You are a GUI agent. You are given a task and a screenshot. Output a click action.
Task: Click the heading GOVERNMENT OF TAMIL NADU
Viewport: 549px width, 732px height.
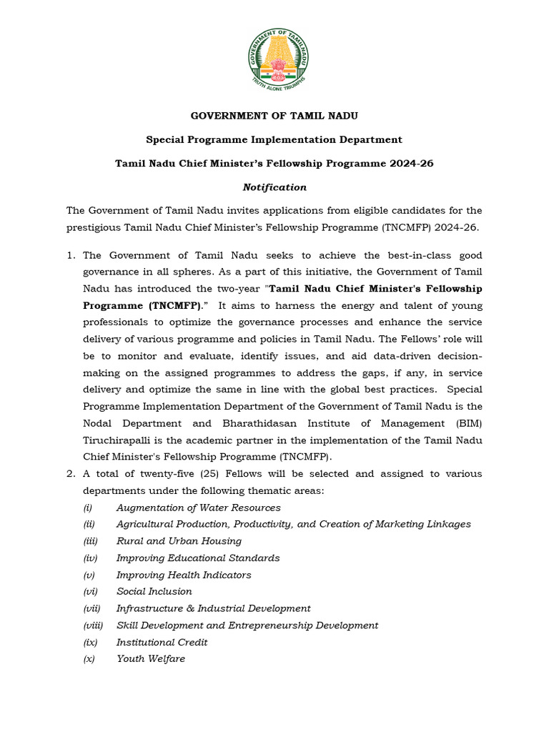(274, 116)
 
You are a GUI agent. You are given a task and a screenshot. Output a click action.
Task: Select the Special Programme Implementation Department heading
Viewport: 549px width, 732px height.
(274, 139)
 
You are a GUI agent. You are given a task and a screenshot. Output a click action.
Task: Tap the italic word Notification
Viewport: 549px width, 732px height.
(274, 187)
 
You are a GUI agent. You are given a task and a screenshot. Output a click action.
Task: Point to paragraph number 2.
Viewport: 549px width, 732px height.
(70, 474)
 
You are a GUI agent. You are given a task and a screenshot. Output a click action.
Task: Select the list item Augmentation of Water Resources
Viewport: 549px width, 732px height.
(198, 508)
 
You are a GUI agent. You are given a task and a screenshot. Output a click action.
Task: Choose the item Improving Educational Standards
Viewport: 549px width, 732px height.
(198, 558)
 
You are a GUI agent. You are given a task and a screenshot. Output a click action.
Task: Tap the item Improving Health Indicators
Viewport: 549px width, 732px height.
(184, 575)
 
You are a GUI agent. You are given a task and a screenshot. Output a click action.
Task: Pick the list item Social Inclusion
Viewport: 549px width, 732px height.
(154, 591)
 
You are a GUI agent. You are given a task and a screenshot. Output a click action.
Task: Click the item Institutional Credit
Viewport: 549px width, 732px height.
(162, 642)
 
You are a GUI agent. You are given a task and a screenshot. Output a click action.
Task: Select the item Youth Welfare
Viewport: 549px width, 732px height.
(150, 658)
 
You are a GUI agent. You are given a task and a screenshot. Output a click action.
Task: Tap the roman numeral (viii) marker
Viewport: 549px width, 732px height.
(93, 625)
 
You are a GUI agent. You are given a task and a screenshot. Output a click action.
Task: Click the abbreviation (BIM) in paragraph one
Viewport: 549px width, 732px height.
(466, 423)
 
